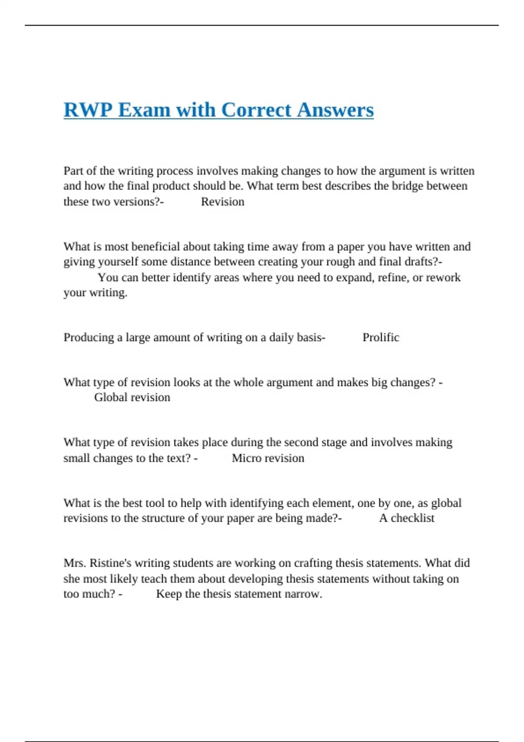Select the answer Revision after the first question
click(222, 202)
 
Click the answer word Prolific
click(381, 337)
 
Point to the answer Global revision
click(132, 398)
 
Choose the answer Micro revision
click(268, 458)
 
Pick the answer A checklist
click(407, 518)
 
